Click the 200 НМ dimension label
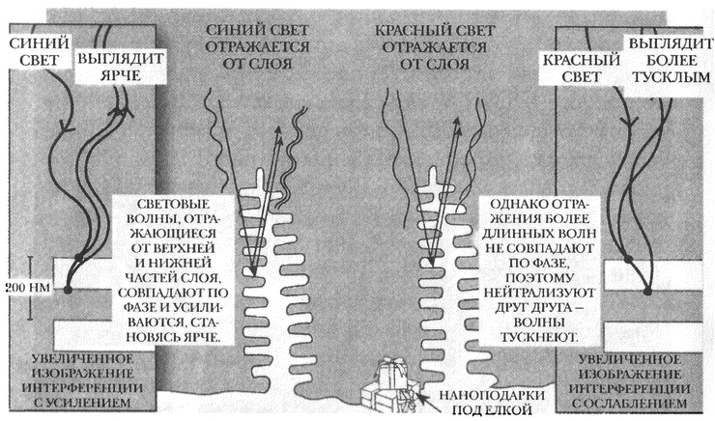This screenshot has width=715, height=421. pos(23,287)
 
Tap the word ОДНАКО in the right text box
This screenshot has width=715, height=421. pos(523,206)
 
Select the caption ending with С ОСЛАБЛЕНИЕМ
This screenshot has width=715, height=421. pos(631,382)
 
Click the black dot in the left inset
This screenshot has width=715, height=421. pos(68,288)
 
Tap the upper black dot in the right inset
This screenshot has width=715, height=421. pos(624,258)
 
